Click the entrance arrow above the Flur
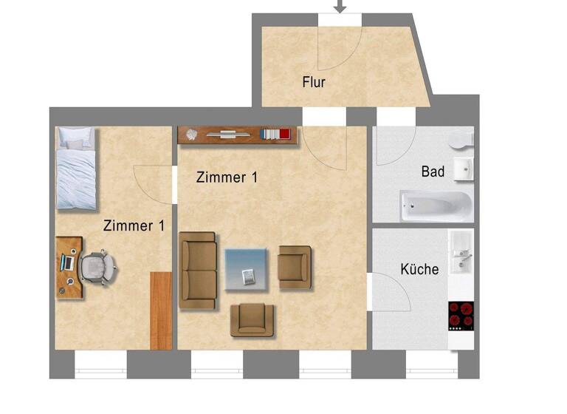(340, 7)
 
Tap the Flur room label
(314, 81)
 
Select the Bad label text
(433, 172)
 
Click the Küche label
(419, 269)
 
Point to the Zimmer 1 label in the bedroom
(134, 225)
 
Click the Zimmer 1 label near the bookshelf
(227, 177)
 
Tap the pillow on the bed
(76, 137)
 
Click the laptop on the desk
(68, 261)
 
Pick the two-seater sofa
(198, 270)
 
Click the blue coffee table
(245, 268)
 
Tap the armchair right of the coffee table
(295, 267)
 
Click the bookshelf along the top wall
(237, 134)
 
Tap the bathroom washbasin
(464, 169)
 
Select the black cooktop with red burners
(461, 316)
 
